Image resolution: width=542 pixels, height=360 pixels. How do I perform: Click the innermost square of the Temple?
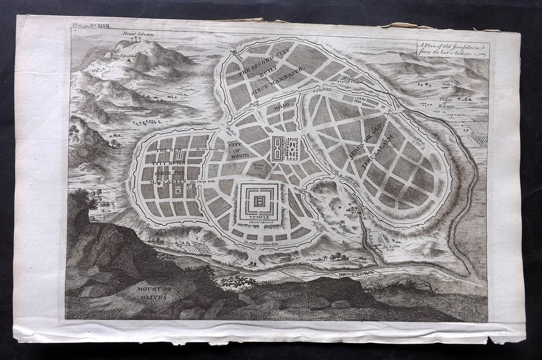[258, 200]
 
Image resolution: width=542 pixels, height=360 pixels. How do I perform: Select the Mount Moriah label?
[259, 223]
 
